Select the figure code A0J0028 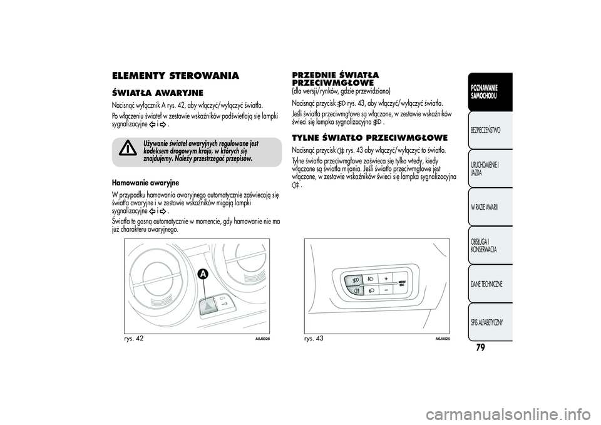[x=262, y=339]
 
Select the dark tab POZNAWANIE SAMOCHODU [x=485, y=91]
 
